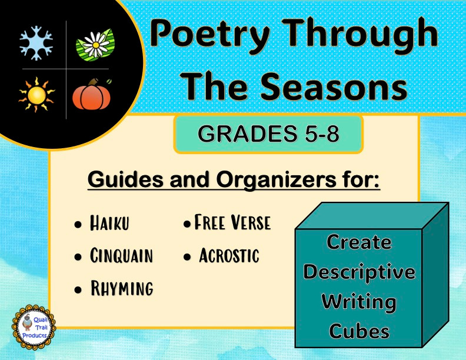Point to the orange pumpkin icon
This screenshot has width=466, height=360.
click(92, 94)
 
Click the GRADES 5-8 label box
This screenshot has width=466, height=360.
click(268, 134)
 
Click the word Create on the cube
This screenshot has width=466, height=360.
click(359, 242)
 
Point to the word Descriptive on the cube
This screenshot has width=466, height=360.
click(359, 272)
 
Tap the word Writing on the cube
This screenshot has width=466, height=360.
click(359, 302)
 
